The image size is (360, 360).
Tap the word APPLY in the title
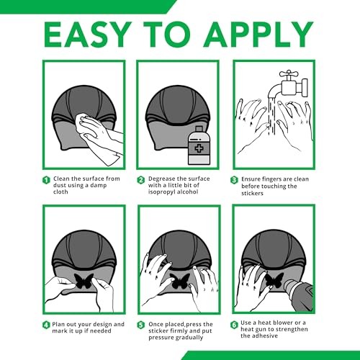click(258, 35)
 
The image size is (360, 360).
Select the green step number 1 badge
click(46, 180)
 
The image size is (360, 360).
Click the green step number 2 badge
click(141, 180)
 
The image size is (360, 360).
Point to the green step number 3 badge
click(234, 180)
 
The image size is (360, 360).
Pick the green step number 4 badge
click(46, 325)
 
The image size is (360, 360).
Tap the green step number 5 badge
click(141, 325)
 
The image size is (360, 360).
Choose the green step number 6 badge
click(234, 325)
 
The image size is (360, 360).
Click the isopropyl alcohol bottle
click(199, 145)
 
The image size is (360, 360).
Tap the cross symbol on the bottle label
click(199, 148)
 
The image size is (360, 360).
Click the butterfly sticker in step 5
click(180, 281)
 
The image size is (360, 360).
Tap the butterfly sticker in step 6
click(274, 280)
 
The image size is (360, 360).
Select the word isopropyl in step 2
click(161, 192)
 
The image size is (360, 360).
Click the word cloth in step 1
click(60, 192)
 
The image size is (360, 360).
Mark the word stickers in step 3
click(252, 193)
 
